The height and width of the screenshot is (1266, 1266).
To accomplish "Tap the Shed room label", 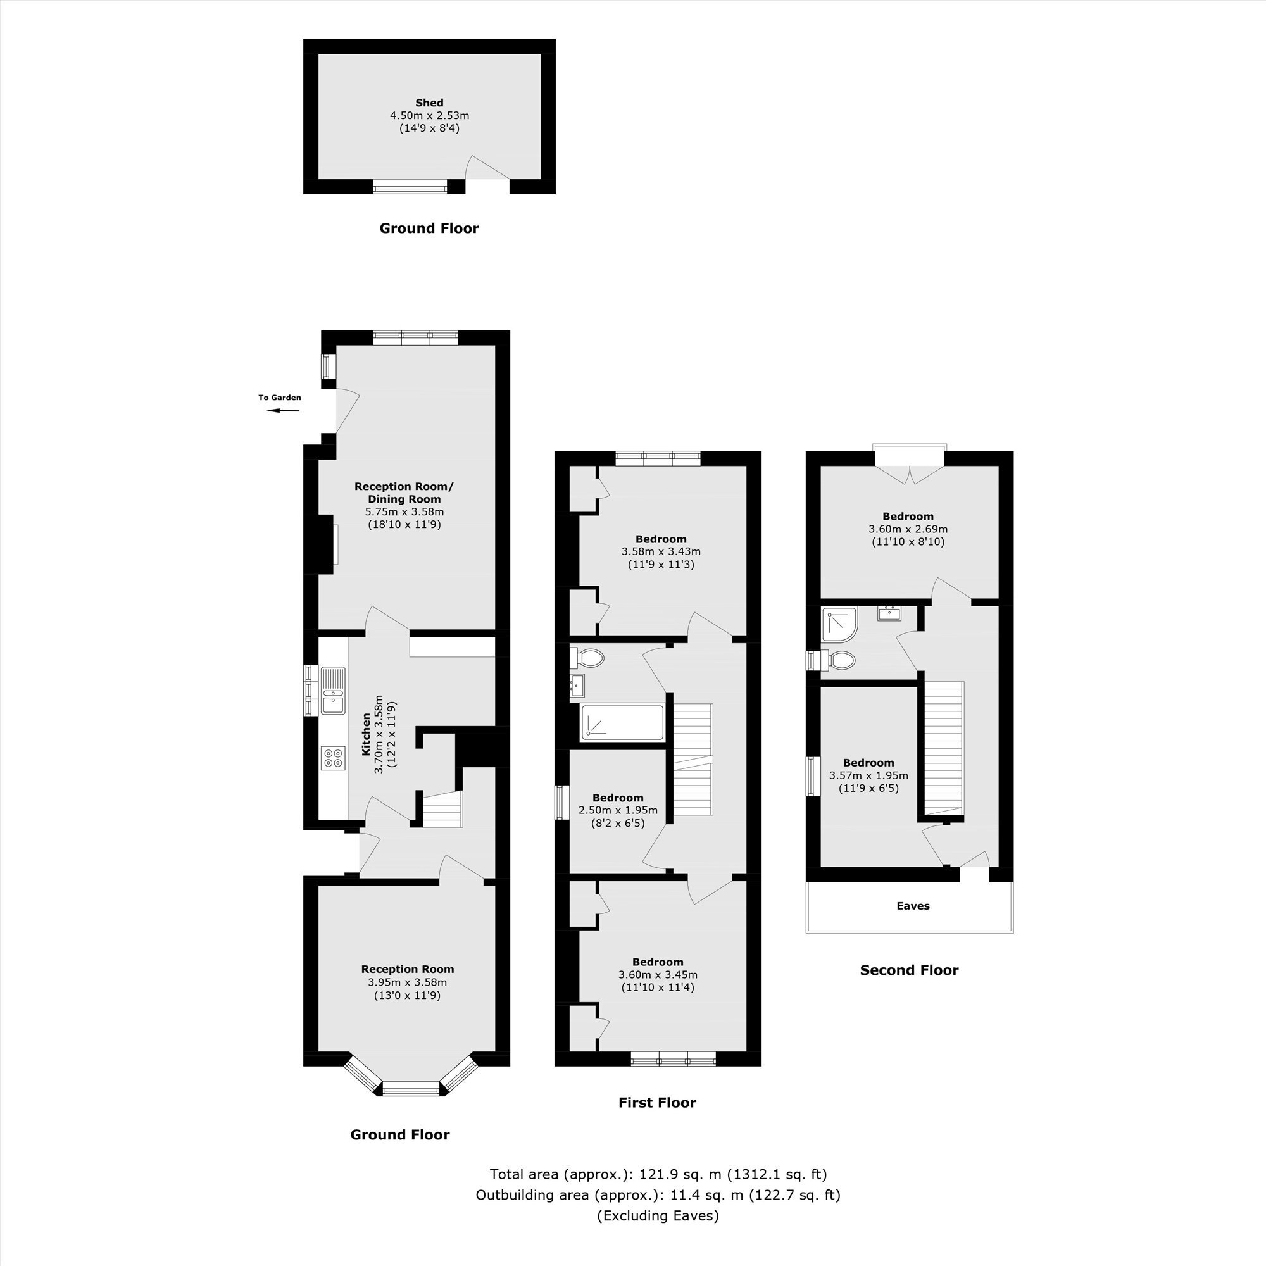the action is pos(429,103).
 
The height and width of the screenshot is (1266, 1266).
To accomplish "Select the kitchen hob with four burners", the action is pos(333,758).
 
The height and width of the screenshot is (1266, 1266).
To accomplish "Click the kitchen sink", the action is pos(333,690).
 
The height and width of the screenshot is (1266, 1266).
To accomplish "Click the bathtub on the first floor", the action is pos(622,723).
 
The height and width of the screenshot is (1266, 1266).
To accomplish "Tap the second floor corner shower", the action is pos(840,624).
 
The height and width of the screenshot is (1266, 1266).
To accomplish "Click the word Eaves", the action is pos(913,906).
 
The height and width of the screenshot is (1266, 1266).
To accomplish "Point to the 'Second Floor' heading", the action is pos(909,970).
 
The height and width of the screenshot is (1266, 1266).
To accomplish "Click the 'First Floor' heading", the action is pos(657,1102).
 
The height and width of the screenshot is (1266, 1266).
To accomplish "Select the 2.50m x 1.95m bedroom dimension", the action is pos(618,810).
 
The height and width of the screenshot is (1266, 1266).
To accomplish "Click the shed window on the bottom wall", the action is pos(410,186).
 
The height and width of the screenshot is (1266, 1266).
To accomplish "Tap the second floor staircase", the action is pos(944,747).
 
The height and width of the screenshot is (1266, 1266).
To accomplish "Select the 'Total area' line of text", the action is pos(658,1174).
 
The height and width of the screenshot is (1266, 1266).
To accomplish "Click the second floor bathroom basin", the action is pos(890,613).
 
